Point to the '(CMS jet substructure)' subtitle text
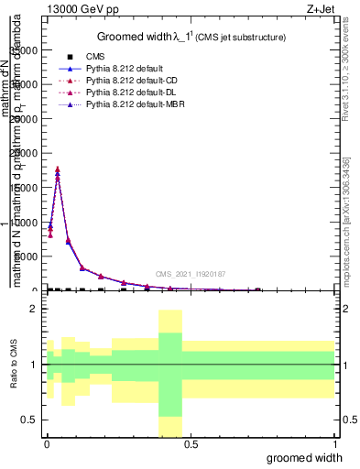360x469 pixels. pos(240,38)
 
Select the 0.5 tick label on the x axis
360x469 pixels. pos(191,444)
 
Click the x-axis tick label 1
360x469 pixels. pos(334,444)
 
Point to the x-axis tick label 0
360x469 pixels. pos(47,444)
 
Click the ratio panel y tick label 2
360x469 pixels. pos(33,309)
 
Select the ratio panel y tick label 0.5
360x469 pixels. pos(29,420)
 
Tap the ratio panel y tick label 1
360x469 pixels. pos(33,365)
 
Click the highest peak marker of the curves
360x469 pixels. pos(58,169)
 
